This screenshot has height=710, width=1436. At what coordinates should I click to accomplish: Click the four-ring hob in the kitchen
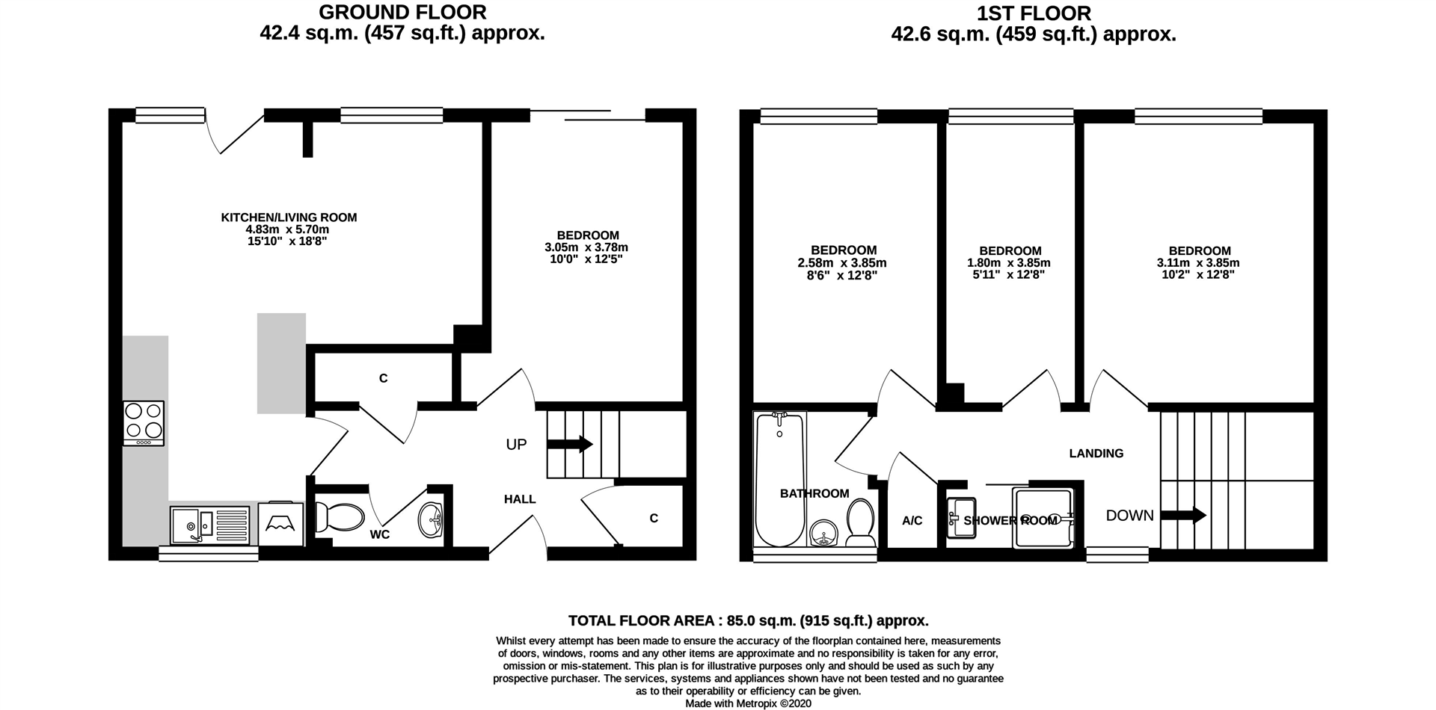point(144,423)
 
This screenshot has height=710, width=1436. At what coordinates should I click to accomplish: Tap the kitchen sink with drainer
point(209,525)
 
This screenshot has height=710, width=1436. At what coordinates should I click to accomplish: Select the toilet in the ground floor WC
point(340,516)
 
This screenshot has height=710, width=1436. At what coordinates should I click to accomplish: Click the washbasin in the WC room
point(432,519)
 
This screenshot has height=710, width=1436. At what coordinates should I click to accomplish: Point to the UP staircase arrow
point(570,445)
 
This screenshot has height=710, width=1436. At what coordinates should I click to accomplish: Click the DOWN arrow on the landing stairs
point(1182,515)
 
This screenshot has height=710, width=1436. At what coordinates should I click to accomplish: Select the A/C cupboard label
point(912,521)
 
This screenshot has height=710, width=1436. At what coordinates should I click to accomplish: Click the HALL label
point(520,499)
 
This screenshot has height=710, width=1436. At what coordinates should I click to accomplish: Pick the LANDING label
point(1096,453)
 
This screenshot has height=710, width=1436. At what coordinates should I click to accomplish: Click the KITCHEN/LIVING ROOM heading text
point(289,217)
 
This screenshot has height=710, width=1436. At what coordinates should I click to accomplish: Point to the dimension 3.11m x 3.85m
point(1199,263)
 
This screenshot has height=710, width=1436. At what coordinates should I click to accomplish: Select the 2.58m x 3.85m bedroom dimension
point(843,263)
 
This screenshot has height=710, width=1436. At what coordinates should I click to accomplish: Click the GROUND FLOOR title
point(402,13)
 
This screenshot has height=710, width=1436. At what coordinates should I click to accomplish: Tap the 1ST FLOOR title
point(1033,13)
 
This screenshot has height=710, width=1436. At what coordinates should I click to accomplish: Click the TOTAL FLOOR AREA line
point(748,620)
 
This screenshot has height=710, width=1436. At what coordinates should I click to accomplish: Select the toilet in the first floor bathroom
point(861,521)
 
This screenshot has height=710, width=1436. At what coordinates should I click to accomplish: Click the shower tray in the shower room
point(1042,517)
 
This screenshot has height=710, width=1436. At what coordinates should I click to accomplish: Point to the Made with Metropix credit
point(748,703)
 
